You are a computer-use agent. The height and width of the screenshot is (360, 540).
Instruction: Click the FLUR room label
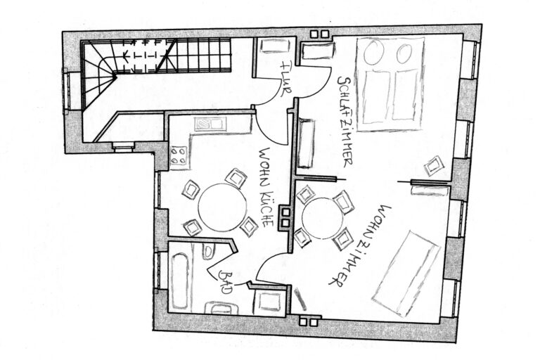(287, 79)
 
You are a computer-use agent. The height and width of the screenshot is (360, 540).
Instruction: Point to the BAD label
(226, 282)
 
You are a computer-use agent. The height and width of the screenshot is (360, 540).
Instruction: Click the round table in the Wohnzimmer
(322, 218)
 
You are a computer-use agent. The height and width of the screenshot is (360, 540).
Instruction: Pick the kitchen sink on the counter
(210, 124)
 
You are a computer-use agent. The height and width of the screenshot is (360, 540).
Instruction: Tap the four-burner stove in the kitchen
(179, 155)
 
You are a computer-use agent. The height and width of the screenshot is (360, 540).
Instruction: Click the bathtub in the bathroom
(180, 281)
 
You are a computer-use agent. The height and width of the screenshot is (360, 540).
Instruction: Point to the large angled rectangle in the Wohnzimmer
(406, 274)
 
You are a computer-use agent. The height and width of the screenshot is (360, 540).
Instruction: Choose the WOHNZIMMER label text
(361, 246)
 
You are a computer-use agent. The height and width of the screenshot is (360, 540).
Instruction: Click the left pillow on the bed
(373, 51)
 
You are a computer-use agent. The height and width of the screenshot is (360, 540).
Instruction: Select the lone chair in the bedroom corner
(433, 166)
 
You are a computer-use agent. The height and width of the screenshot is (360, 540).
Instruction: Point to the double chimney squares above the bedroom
(320, 34)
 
